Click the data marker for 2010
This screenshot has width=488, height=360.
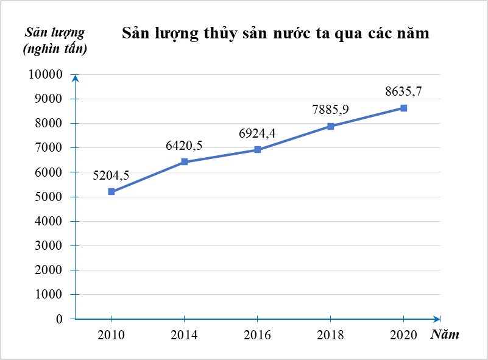pos(111,191)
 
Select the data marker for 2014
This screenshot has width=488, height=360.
pos(184,162)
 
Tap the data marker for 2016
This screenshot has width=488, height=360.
pos(258,149)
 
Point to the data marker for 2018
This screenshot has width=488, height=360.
pos(330,126)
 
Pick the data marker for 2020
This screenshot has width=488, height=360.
pos(403,108)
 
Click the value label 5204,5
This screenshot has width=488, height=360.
pos(111,175)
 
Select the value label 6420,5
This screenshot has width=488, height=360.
pos(184,146)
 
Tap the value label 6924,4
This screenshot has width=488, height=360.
pos(258,133)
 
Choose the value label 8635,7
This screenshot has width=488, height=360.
pos(403,92)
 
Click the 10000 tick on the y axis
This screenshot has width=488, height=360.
pos(46,74)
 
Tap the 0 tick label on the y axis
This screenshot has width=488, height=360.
pos(59,319)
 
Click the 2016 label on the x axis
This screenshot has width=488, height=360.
pos(258,334)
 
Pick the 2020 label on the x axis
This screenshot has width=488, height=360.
pos(403,334)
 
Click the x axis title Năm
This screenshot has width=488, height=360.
pos(445,334)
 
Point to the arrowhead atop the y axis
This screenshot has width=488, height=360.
pos(75,78)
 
